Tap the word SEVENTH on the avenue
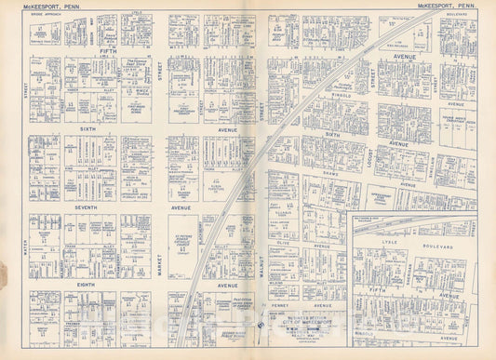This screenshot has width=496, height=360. tap(87, 207)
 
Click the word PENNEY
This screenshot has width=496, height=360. tap(278, 305)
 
